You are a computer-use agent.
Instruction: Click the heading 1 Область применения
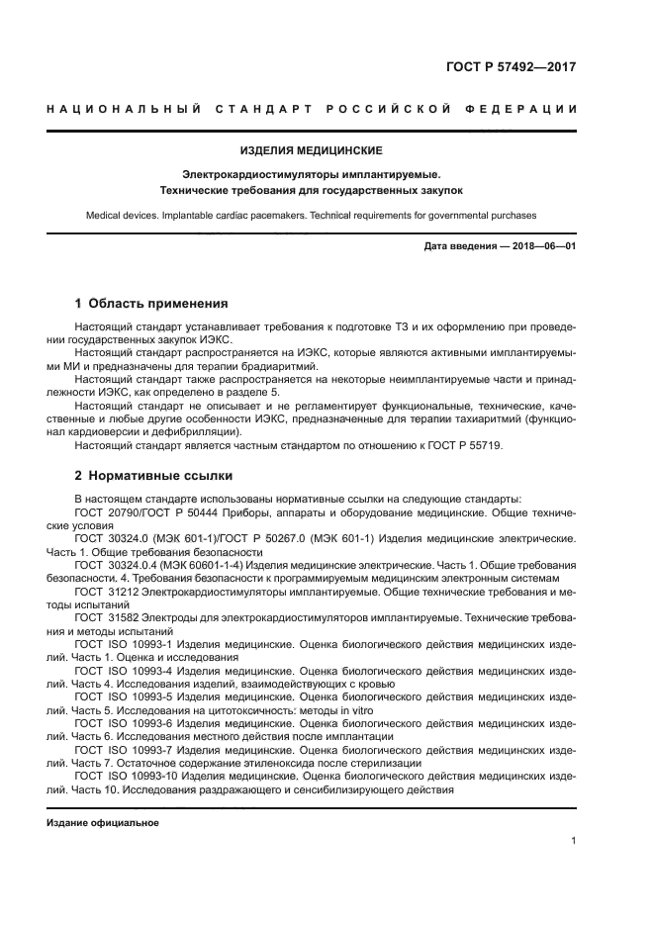tap(151, 304)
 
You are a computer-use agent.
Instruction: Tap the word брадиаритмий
tap(228, 364)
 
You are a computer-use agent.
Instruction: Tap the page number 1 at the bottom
tap(573, 840)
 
